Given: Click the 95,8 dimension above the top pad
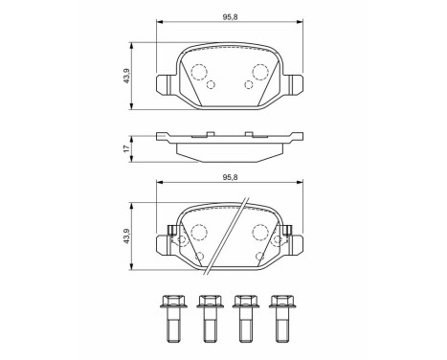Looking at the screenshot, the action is (x=230, y=17).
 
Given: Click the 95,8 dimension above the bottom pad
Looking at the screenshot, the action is (x=230, y=177).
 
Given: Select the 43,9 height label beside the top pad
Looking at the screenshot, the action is (x=126, y=77).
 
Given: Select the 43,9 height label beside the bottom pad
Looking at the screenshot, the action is (x=126, y=236).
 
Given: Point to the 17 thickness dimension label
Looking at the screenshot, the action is (x=126, y=148).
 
